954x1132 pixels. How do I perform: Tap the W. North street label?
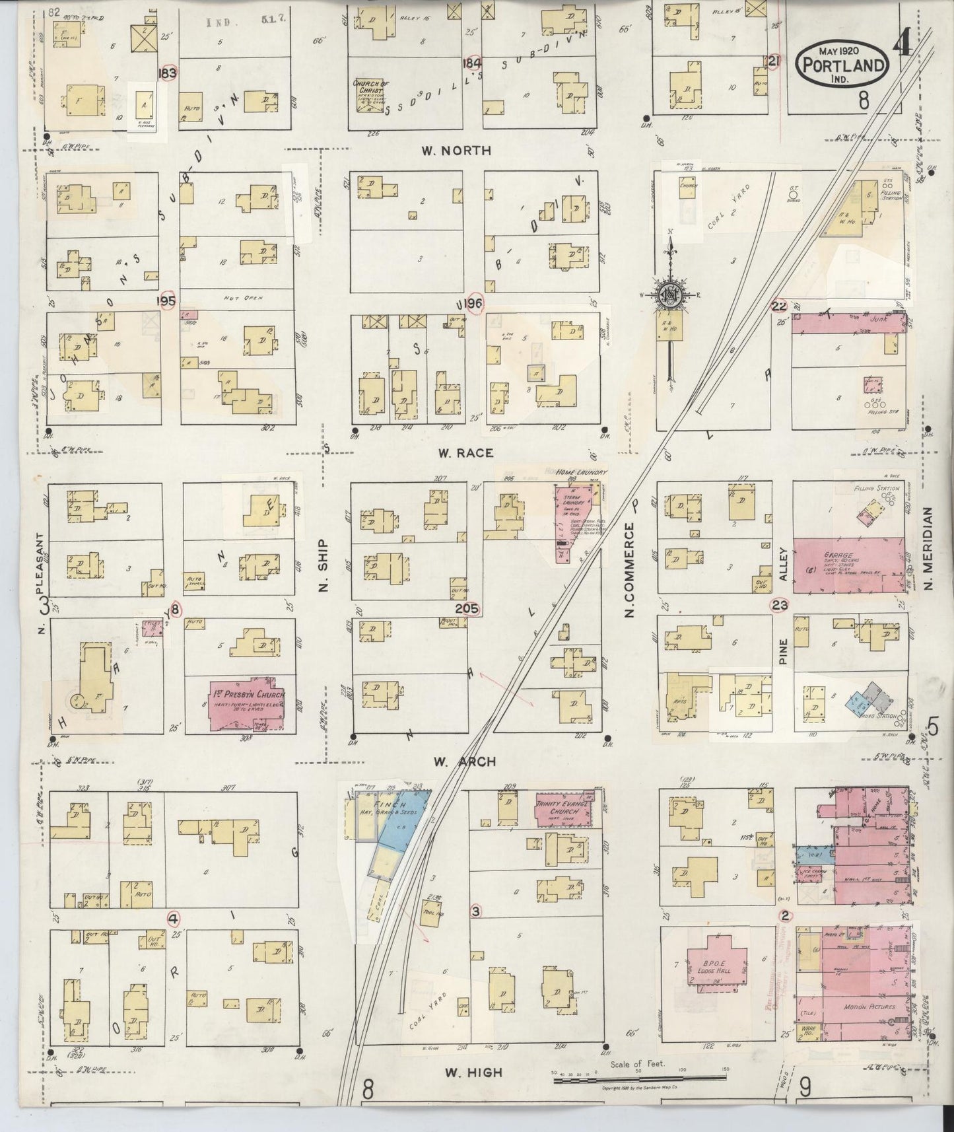pyautogui.click(x=456, y=151)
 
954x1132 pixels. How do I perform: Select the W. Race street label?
pyautogui.click(x=466, y=453)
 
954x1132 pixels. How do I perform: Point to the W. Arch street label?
pyautogui.click(x=465, y=762)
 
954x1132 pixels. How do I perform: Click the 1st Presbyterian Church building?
pyautogui.click(x=248, y=703)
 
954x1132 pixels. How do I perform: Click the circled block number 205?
pyautogui.click(x=471, y=609)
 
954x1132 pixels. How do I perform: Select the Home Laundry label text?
pyautogui.click(x=580, y=472)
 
